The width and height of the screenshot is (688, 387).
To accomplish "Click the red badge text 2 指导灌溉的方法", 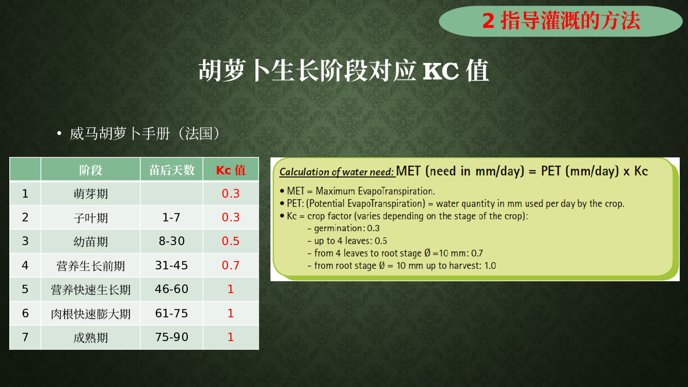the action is pyautogui.click(x=561, y=21).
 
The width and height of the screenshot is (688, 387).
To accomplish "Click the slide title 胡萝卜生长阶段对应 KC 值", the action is pyautogui.click(x=343, y=71).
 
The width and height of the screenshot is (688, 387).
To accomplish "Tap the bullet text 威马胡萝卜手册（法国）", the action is pyautogui.click(x=145, y=134).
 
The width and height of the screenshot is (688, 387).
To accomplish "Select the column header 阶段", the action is pyautogui.click(x=91, y=170).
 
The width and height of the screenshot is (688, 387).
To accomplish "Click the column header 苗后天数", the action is pyautogui.click(x=172, y=170).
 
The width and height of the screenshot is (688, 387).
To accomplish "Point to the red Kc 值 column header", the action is pyautogui.click(x=231, y=170).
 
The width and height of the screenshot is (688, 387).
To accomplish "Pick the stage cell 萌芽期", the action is pyautogui.click(x=91, y=194).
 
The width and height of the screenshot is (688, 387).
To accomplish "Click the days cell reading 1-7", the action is pyautogui.click(x=171, y=217).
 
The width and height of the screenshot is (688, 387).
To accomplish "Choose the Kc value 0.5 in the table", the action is pyautogui.click(x=231, y=241).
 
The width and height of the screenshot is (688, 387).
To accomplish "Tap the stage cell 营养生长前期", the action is pyautogui.click(x=91, y=266).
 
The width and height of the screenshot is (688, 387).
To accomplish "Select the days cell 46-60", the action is pyautogui.click(x=171, y=289).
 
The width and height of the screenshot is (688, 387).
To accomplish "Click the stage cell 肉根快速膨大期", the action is pyautogui.click(x=91, y=314).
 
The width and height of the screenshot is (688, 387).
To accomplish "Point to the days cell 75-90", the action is pyautogui.click(x=171, y=337).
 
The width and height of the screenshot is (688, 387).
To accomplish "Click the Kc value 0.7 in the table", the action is pyautogui.click(x=231, y=265).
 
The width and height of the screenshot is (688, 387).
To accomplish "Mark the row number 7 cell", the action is pyautogui.click(x=25, y=337).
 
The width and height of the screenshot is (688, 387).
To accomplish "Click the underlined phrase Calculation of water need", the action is pyautogui.click(x=337, y=172).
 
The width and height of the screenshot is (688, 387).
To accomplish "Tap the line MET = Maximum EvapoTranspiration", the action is pyautogui.click(x=361, y=191).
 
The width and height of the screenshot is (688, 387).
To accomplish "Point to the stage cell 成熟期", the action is pyautogui.click(x=91, y=338).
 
